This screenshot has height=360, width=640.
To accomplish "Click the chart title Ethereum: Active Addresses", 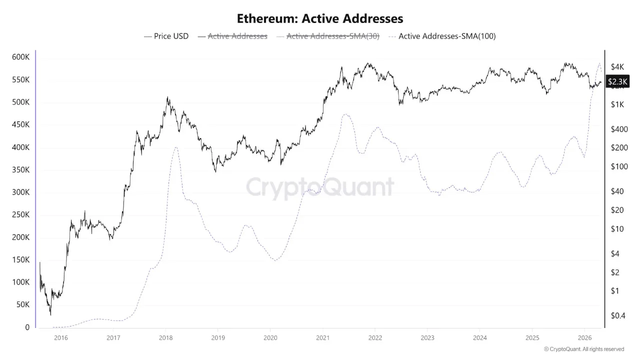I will [319, 18].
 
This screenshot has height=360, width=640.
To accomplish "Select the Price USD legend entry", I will [166, 36].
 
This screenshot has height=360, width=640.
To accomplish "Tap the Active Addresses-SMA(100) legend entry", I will [442, 36].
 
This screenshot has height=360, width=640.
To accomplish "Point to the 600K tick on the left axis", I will [20, 57].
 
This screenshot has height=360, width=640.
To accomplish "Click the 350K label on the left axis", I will [20, 170].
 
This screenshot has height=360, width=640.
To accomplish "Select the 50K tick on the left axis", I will [22, 305].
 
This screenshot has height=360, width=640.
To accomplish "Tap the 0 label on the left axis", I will [28, 327].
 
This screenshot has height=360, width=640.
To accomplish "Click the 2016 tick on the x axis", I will [60, 338].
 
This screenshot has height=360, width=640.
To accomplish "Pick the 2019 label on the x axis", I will [217, 338].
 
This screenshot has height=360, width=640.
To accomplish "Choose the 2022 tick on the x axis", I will [374, 338].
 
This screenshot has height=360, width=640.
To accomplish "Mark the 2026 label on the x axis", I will [584, 338].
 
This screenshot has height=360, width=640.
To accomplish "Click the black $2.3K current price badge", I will [617, 81].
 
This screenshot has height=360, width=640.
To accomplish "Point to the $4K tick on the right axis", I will [617, 66].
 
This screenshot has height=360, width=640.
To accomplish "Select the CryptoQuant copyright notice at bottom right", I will [583, 349].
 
